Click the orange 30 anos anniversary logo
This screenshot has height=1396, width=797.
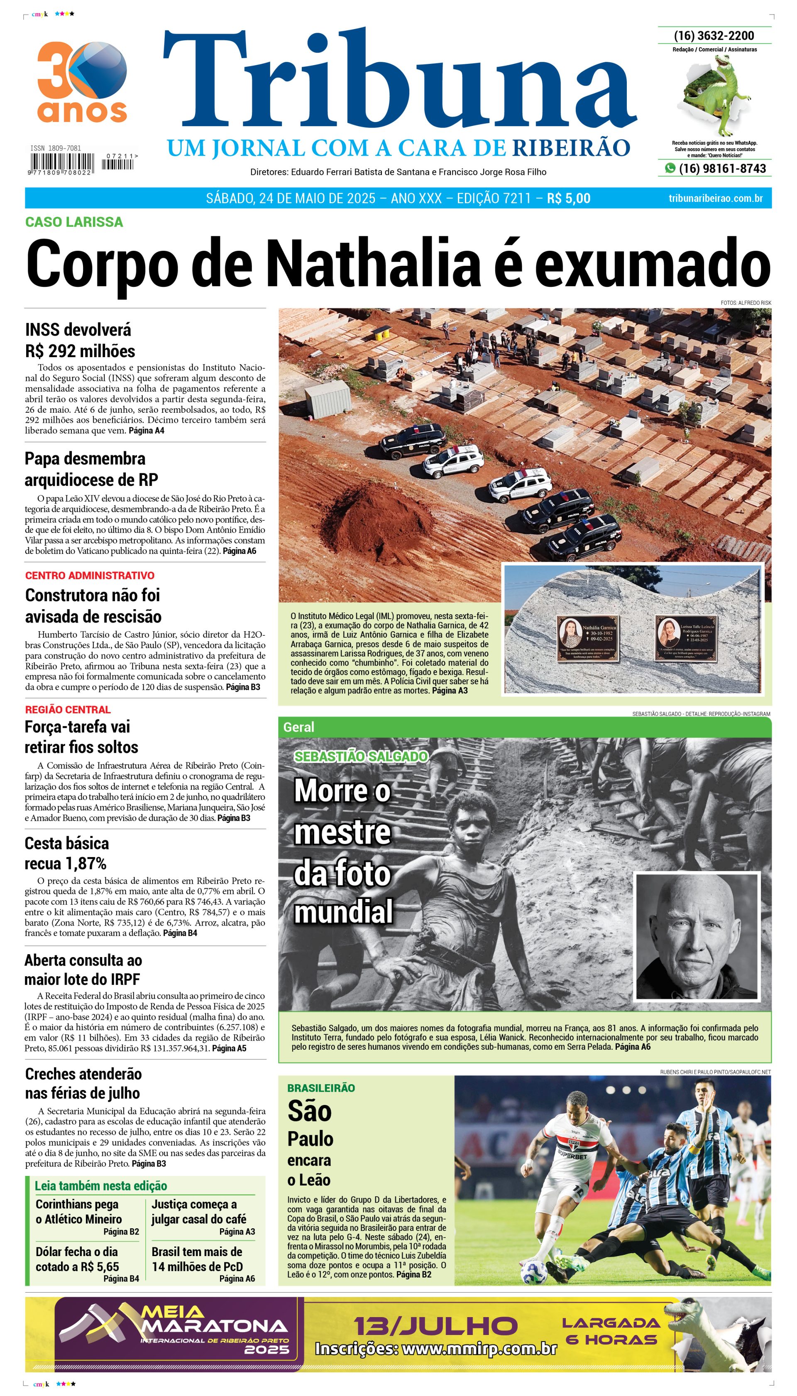click(x=82, y=82)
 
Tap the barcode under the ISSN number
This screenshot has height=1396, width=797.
click(x=61, y=163)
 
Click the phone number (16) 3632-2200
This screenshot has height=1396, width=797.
click(x=714, y=36)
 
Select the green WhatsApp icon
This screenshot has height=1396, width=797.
click(x=670, y=168)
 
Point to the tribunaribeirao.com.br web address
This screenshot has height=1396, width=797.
click(x=716, y=198)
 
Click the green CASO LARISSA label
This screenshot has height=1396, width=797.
click(x=74, y=222)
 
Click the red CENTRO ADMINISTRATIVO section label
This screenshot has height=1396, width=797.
click(x=90, y=576)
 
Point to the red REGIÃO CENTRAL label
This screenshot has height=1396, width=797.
click(x=68, y=710)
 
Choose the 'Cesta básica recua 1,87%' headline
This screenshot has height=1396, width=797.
click(x=66, y=853)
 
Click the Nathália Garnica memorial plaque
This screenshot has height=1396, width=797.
click(x=587, y=638)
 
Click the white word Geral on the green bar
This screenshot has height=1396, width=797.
click(x=298, y=727)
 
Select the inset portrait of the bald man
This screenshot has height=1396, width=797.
click(x=696, y=936)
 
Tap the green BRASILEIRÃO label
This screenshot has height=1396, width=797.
click(x=321, y=1088)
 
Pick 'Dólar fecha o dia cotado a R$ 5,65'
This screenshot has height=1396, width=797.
click(x=77, y=1259)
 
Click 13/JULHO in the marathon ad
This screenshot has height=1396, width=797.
click(x=435, y=1326)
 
